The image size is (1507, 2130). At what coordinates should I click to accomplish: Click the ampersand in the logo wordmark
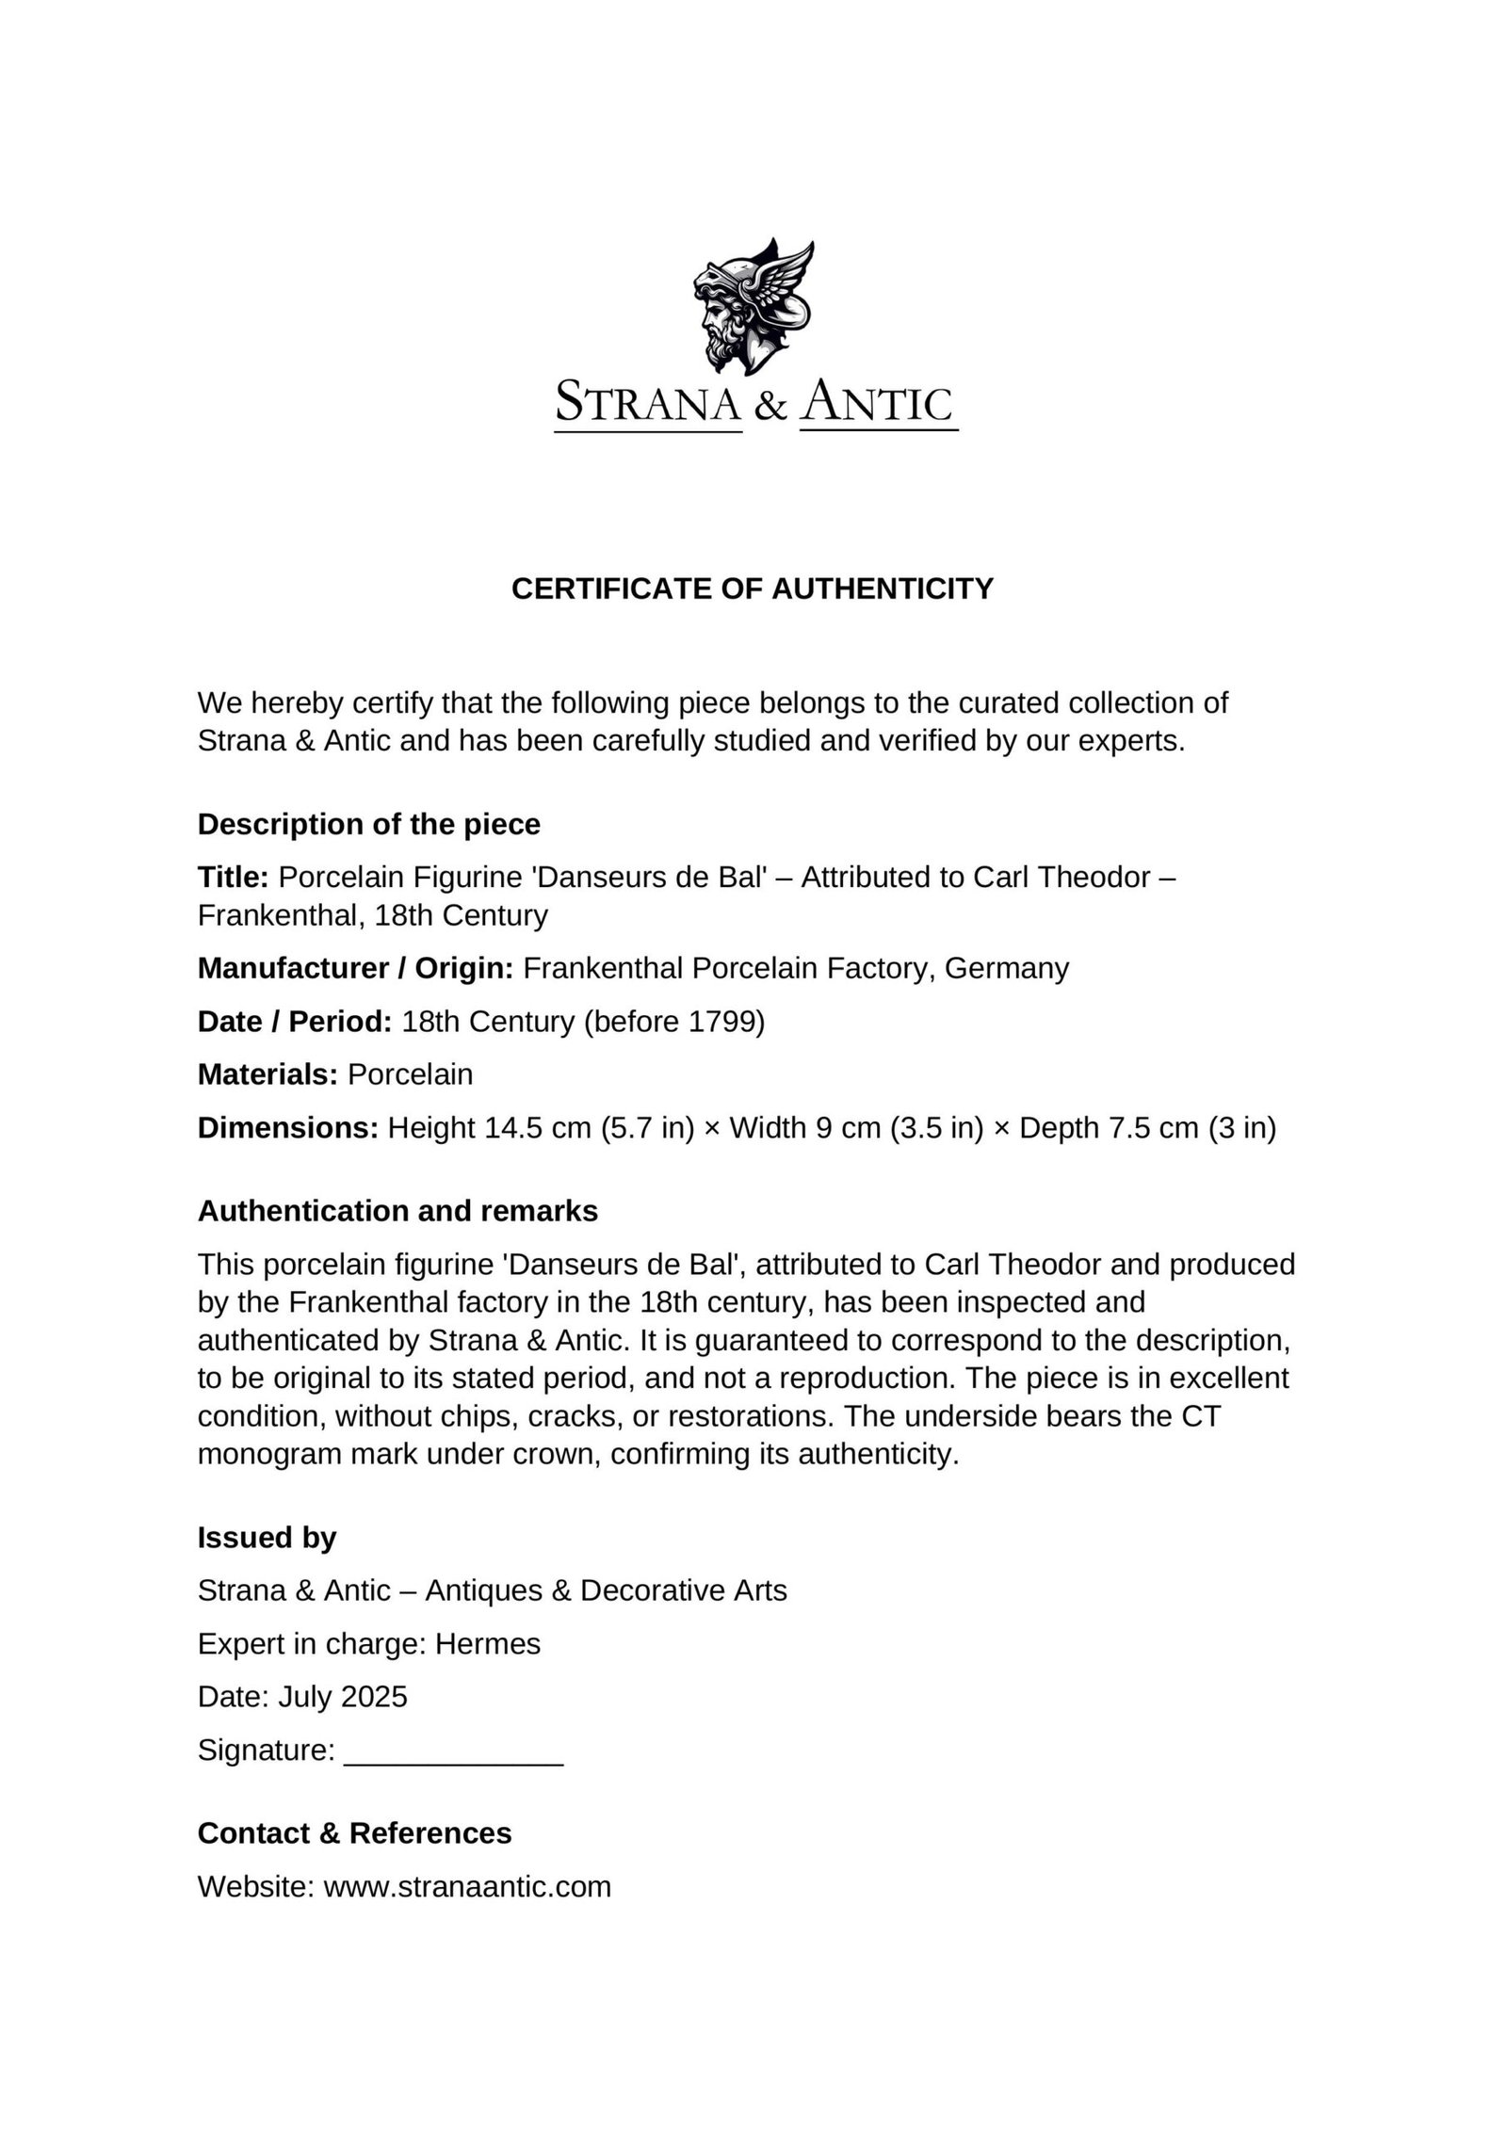(x=770, y=405)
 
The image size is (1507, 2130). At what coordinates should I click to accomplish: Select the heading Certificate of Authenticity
(x=753, y=589)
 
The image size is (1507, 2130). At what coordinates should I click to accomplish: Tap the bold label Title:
(x=234, y=878)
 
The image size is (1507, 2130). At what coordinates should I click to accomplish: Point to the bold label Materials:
(x=267, y=1074)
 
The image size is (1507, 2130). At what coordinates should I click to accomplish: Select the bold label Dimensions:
(x=287, y=1128)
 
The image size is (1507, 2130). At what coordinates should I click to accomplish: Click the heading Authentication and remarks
(x=397, y=1211)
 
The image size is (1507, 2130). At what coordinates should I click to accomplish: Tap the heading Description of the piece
(x=368, y=825)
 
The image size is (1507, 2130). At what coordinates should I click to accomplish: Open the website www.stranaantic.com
(x=467, y=1886)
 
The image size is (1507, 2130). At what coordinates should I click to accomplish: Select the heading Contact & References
(x=354, y=1833)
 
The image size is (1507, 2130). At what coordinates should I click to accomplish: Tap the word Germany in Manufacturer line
(x=1007, y=968)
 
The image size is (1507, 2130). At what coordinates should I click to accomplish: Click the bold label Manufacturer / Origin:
(x=355, y=968)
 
